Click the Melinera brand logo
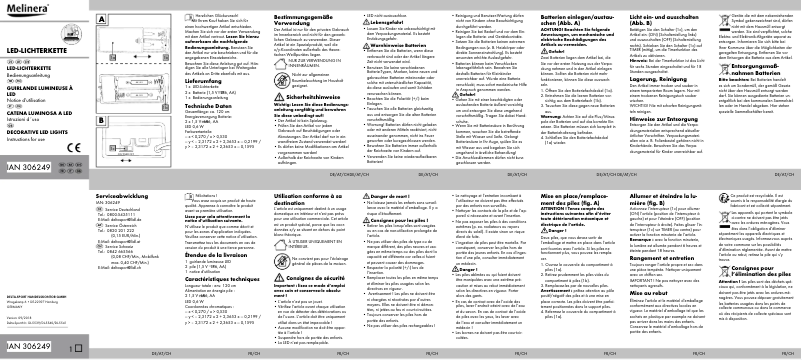[24, 8]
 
